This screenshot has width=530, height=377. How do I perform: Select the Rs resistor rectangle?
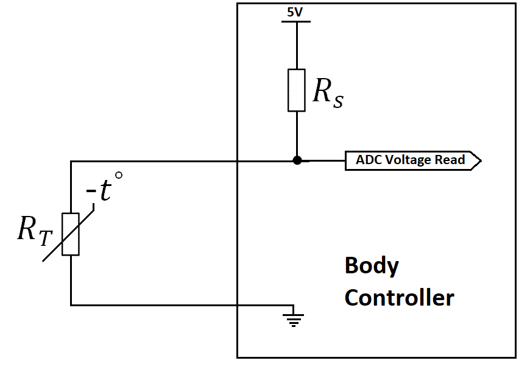[297, 90]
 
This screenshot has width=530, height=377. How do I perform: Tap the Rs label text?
[328, 92]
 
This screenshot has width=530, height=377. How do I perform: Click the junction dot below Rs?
[297, 160]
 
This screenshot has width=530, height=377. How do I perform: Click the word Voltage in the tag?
[407, 160]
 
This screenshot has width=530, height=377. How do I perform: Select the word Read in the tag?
[450, 160]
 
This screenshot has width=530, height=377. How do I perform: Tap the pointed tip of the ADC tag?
[481, 160]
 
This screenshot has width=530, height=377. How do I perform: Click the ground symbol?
[294, 318]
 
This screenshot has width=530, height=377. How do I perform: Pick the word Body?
[372, 266]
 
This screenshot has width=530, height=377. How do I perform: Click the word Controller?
[399, 298]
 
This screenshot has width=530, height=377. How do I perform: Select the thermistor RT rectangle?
[71, 234]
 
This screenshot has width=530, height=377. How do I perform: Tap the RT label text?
[32, 231]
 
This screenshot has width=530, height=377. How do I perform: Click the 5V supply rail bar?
[296, 21]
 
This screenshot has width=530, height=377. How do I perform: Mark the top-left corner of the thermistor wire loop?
[71, 161]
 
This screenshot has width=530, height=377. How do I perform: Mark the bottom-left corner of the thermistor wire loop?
[71, 304]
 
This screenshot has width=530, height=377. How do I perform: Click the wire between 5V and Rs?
[297, 46]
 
